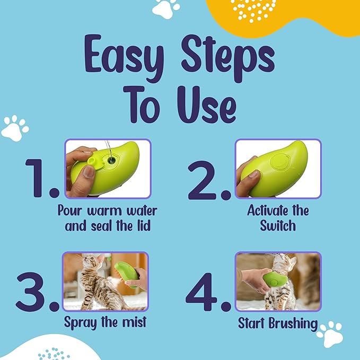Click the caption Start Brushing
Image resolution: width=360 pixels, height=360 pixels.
click(x=278, y=323)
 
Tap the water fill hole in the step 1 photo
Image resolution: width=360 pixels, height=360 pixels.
click(x=111, y=159)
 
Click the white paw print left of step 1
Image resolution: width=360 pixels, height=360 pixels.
click(x=14, y=128)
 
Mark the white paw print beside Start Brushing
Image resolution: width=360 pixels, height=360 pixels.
click(x=332, y=332)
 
